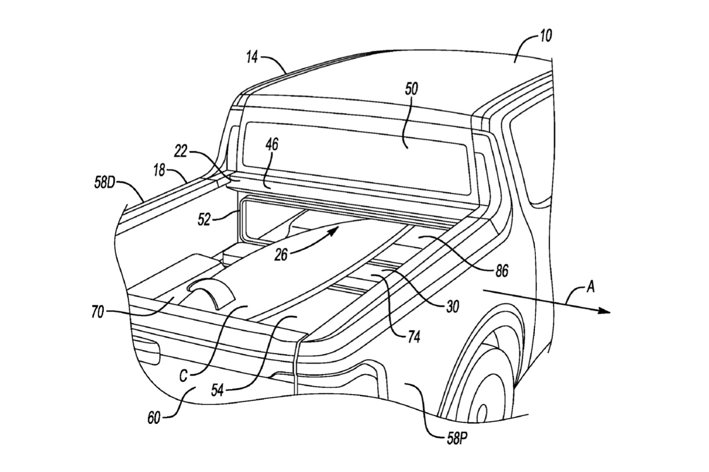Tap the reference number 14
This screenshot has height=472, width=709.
coord(253,58)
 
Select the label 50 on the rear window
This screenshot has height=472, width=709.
coord(411,89)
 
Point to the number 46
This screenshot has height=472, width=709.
coord(272,145)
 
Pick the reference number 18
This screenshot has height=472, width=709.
coord(160,171)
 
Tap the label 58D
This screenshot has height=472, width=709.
coord(104,182)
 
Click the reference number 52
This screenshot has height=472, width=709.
coord(204,219)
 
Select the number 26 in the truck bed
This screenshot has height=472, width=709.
coord(281,255)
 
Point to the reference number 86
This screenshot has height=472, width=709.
coord(502,271)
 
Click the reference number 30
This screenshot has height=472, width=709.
coord(453,306)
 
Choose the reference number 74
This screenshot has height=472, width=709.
coord(414,337)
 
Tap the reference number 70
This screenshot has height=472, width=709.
coord(98,312)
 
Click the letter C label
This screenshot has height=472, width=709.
coord(183,376)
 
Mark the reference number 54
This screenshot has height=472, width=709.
coord(218,390)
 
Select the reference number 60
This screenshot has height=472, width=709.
coord(154,418)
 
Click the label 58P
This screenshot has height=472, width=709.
coord(457,438)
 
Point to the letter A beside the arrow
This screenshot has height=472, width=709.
coord(590,287)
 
